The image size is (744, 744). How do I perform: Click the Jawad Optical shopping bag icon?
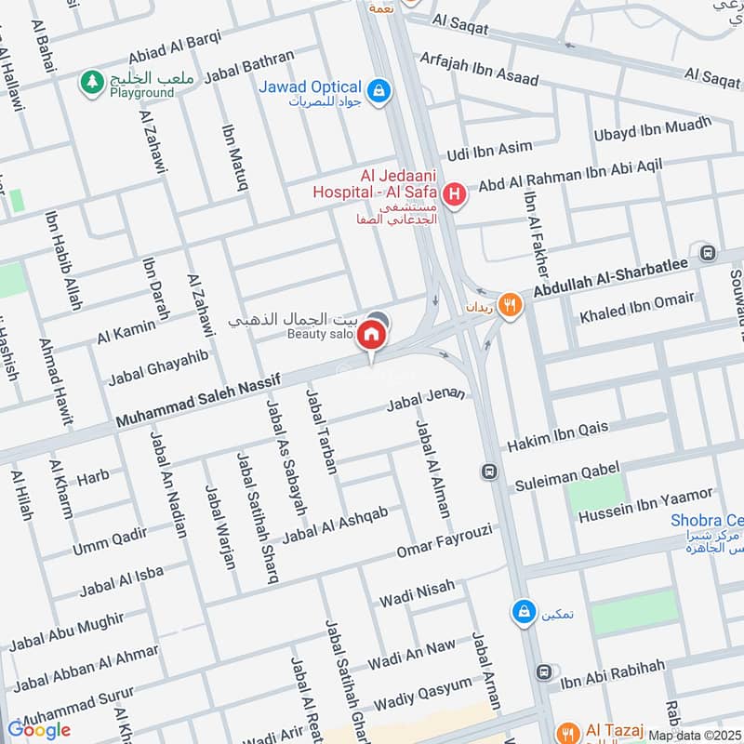click(x=379, y=91)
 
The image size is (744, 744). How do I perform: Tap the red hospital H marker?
click(x=455, y=194)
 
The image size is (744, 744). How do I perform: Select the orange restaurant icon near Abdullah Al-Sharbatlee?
click(x=509, y=303)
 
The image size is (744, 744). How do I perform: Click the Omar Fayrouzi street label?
click(x=442, y=541)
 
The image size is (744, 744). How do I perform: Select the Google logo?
click(x=39, y=730)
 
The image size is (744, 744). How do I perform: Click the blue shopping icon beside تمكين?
click(x=524, y=611)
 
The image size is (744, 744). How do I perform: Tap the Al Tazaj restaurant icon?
click(x=566, y=732)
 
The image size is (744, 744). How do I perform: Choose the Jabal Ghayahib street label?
click(x=158, y=367)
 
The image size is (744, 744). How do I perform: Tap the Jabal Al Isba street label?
click(x=121, y=582)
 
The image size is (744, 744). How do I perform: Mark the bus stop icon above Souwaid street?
click(x=708, y=252)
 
